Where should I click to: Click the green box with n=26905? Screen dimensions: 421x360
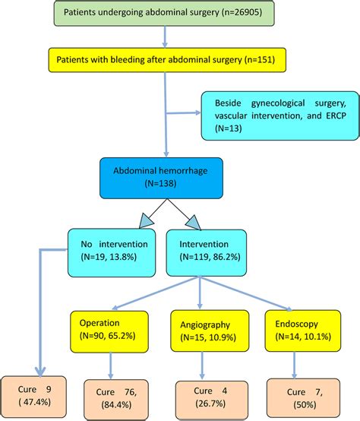point(165,14)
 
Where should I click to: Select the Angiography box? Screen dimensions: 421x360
point(201,329)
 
